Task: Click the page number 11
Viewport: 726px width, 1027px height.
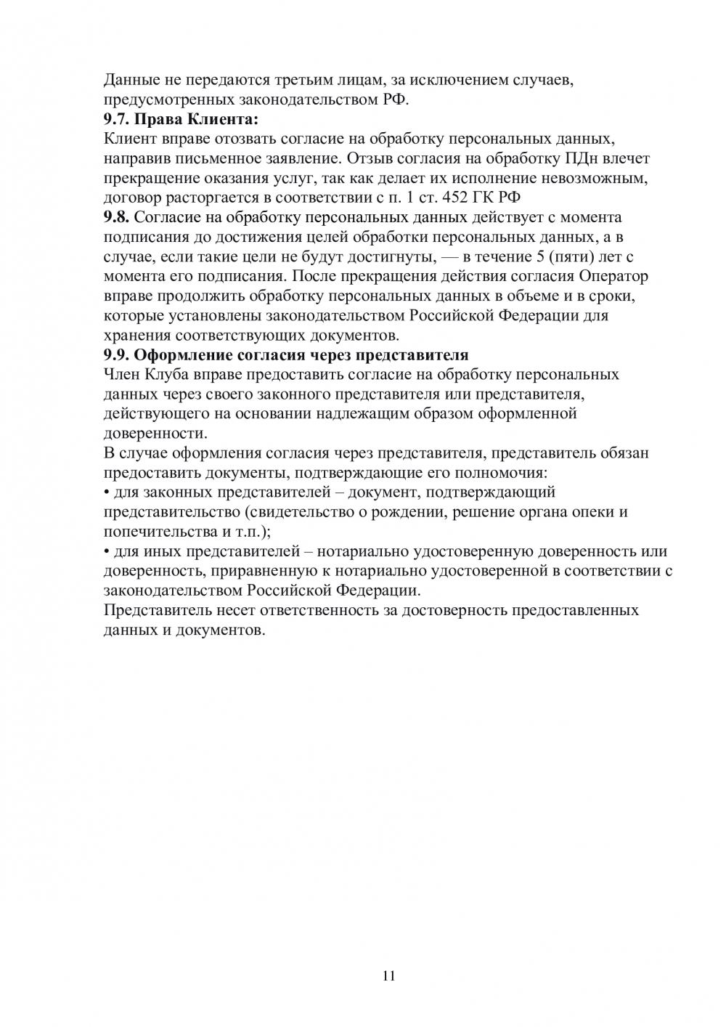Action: click(388, 975)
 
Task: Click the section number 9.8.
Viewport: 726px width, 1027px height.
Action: click(116, 217)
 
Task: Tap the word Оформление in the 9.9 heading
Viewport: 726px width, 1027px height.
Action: click(178, 355)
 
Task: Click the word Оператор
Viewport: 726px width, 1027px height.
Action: click(614, 276)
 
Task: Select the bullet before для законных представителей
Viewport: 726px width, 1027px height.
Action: click(107, 493)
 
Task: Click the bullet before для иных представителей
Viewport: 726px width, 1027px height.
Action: click(107, 552)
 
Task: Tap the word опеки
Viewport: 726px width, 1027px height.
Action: click(595, 512)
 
